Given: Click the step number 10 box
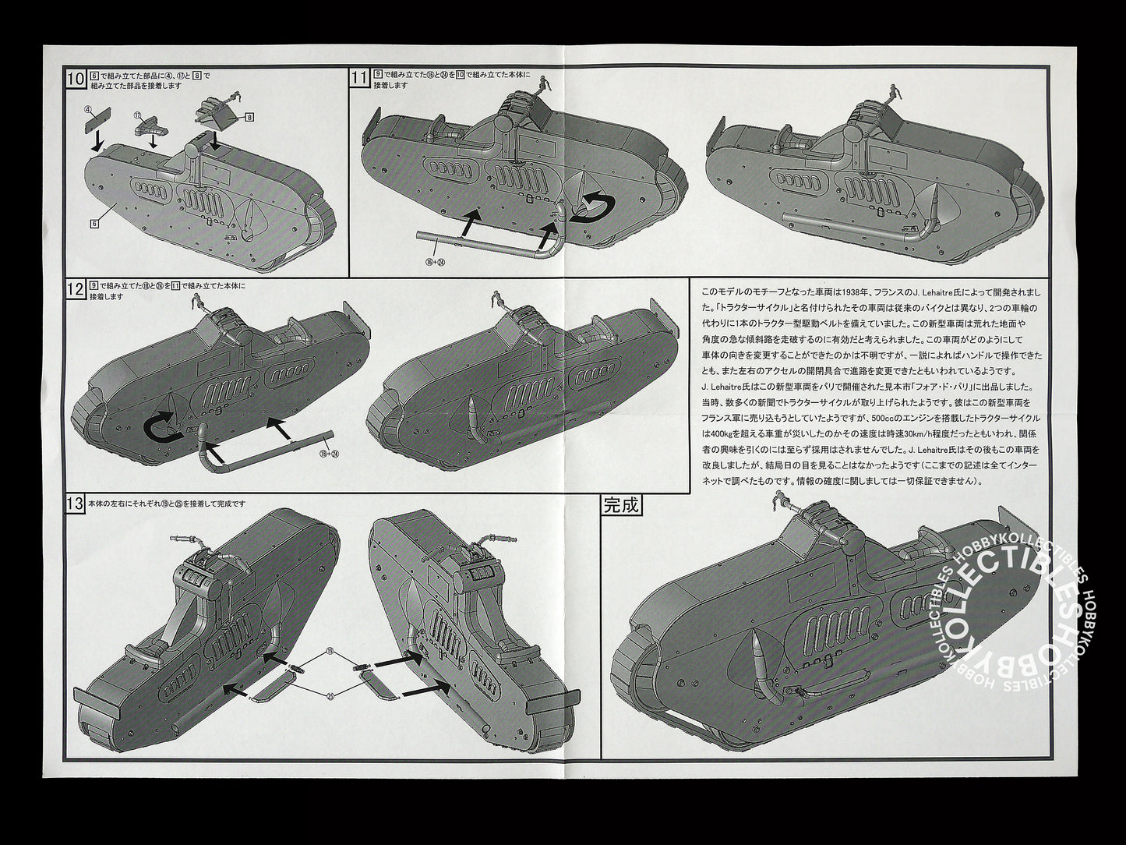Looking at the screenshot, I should (76, 79).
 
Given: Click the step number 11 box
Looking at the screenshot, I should (359, 79).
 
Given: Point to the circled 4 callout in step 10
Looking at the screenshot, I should (88, 109).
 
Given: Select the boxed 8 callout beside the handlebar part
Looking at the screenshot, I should (249, 117).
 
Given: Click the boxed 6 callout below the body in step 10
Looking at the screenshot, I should (94, 223).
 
